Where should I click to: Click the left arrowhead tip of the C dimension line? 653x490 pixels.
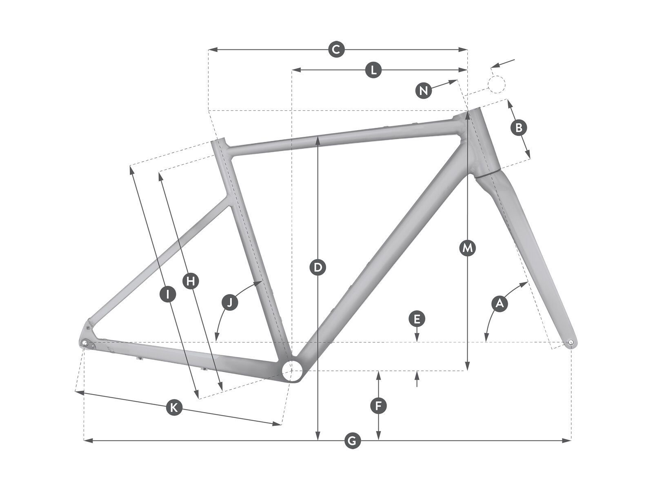point(209,49)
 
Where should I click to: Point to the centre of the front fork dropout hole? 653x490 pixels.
point(571,343)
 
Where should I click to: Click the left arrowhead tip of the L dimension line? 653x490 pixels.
point(292,70)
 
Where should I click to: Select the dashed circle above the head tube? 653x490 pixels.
point(496,84)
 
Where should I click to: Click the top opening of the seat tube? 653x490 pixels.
point(218,140)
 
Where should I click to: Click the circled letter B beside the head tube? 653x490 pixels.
point(519,128)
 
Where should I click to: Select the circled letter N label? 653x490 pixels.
point(423,90)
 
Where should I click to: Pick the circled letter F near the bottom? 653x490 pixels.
point(378,406)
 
